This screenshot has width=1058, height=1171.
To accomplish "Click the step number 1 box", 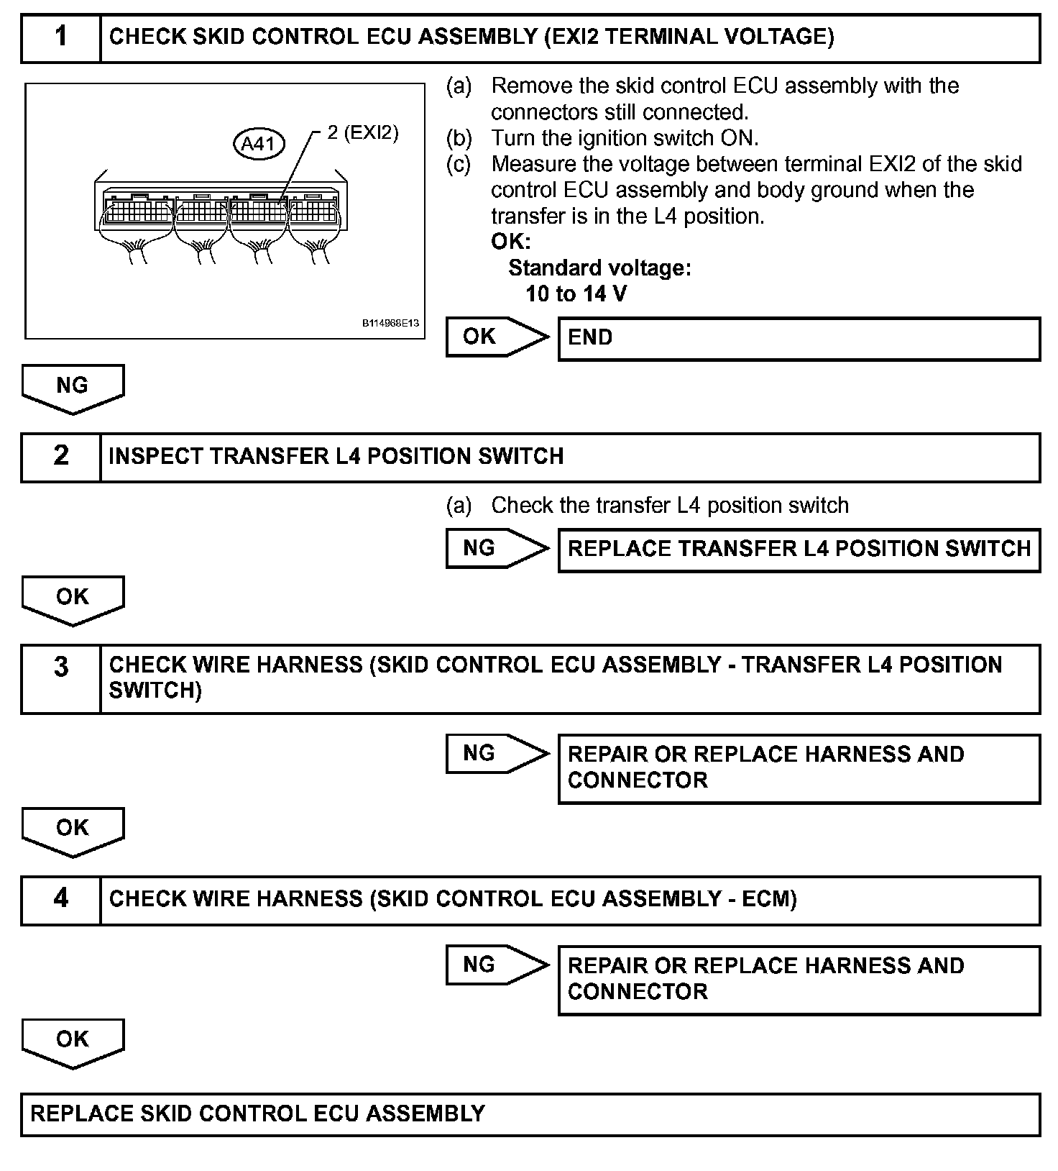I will point(61,37).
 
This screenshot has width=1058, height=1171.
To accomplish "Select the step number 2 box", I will point(61,457).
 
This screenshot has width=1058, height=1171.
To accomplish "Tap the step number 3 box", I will point(61,678).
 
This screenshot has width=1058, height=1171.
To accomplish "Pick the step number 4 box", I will point(61,900).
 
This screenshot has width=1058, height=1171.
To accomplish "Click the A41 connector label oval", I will point(259,144).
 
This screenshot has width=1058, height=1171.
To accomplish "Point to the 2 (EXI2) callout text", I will point(362,132).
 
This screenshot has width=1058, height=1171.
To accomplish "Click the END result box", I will point(799,338).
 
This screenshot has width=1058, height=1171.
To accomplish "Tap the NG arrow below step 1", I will point(73,388).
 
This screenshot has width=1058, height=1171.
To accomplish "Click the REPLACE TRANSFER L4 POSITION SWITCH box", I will point(799,550).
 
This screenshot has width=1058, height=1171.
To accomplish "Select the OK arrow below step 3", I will point(73,831).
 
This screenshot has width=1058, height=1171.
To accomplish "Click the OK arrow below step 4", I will point(73,1042).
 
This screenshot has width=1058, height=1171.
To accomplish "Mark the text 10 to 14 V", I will point(576,294).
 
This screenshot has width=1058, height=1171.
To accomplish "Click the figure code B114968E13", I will point(390,324).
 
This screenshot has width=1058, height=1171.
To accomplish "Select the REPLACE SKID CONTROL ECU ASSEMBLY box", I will point(530,1114).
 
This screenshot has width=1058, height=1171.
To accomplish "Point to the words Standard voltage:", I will point(599,268).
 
